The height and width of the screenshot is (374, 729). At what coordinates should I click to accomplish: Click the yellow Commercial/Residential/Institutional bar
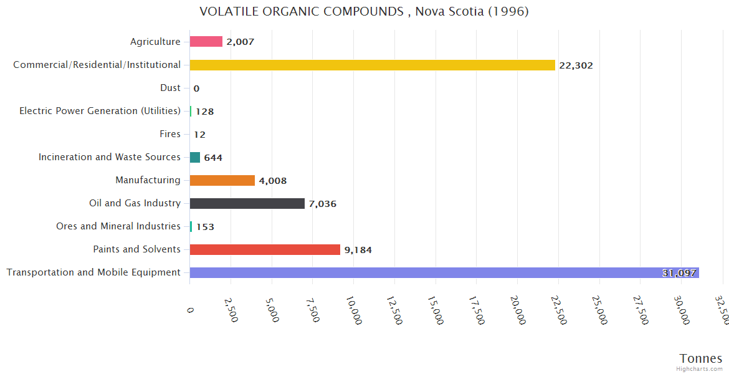[372, 65]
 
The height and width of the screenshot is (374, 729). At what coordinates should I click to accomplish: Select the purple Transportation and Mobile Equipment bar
[444, 272]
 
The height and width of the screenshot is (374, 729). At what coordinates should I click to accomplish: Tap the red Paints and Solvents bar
[265, 249]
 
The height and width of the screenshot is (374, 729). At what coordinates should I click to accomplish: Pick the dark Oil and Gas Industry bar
[247, 203]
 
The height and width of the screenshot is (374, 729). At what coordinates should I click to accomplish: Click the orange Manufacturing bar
[222, 180]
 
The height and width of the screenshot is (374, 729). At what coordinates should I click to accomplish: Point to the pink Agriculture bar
[206, 42]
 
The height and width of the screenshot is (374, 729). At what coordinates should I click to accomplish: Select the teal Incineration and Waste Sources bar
[195, 157]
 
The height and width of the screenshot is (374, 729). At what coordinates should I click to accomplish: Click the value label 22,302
[576, 65]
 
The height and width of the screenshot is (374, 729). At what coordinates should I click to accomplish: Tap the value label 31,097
[679, 273]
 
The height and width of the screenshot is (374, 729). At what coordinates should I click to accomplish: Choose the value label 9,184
[358, 250]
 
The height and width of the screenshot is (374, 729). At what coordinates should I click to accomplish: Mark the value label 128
[204, 112]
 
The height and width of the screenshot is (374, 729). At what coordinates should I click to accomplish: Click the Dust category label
[170, 88]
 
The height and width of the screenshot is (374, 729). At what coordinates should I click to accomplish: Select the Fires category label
[170, 134]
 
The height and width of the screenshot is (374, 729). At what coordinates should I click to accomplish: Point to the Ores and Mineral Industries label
[118, 226]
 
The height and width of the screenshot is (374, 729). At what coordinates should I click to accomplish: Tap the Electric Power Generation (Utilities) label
[100, 111]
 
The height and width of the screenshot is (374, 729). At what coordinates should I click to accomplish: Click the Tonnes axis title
[700, 358]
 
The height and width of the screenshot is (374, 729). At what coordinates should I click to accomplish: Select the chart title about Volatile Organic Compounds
[364, 11]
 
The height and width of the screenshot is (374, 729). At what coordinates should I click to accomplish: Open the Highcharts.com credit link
[699, 369]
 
